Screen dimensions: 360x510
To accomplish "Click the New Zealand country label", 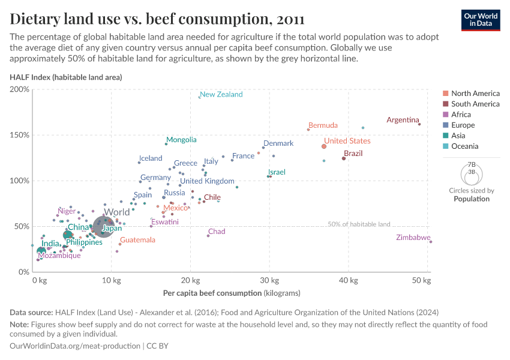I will pos(221,94).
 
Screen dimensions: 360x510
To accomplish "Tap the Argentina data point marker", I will pos(419,124).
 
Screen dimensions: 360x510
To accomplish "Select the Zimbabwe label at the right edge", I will pos(413,238).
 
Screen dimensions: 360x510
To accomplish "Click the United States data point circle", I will pos(324,146).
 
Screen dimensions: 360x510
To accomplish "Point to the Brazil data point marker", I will pos(344,158).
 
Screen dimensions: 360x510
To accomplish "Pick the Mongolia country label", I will pos(181,140).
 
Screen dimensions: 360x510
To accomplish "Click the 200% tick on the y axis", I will pos(19,89).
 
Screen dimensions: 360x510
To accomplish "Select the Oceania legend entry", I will pos(465,146).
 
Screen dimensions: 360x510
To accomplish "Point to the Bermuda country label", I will pos(323,125).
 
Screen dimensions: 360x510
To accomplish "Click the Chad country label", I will pos(217,232).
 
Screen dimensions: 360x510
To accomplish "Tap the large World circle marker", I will pos(104,227).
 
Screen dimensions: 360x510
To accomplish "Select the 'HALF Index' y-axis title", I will pos(66,77).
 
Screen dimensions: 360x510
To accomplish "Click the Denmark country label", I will pos(278,143).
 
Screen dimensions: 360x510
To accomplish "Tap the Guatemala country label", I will pos(137,240).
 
